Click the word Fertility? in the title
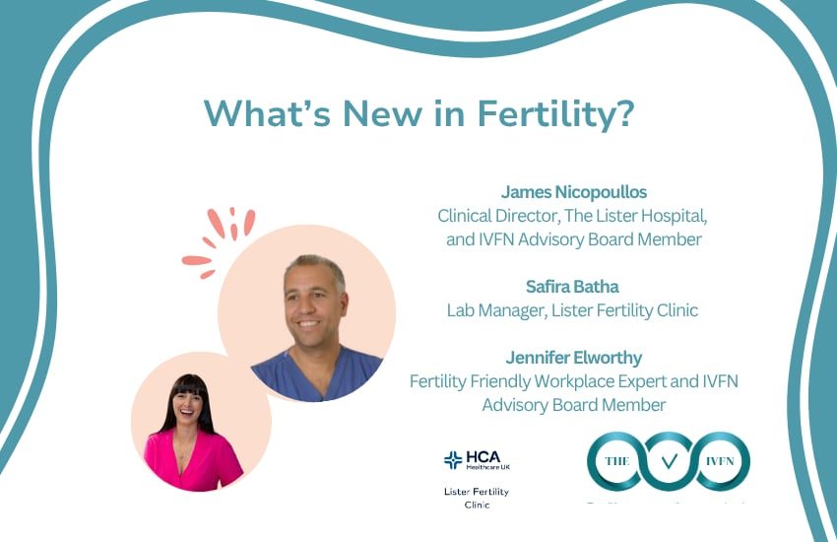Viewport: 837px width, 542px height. pos(555,113)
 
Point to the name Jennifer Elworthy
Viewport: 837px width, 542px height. pos(573,358)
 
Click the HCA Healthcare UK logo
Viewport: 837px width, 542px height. pos(477,460)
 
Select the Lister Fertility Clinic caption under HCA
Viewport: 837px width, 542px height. pos(477,498)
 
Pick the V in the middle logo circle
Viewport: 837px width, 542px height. pos(669,460)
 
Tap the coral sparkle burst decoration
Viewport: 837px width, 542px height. pos(219,239)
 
